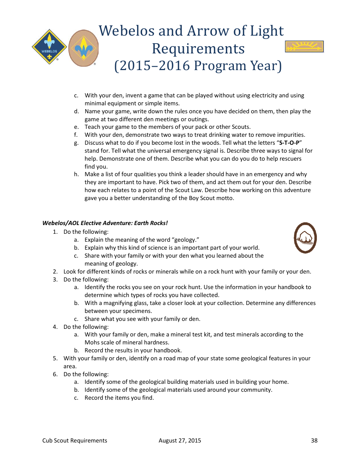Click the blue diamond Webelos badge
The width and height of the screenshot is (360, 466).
tap(49, 47)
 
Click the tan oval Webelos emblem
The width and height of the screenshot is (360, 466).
tap(83, 48)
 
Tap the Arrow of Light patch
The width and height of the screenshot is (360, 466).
tap(304, 47)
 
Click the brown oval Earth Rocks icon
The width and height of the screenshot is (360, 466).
tap(305, 238)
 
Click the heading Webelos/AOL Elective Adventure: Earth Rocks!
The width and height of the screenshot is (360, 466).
tap(105, 223)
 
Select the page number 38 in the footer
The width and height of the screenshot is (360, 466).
tap(314, 440)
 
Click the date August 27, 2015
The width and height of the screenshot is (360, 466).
tap(180, 440)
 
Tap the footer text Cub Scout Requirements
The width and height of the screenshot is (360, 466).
tap(75, 440)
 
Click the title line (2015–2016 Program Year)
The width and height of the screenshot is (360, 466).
tap(198, 66)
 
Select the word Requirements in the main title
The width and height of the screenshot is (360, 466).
tap(198, 48)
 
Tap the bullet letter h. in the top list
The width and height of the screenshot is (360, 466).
tap(77, 174)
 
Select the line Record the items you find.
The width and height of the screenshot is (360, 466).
tap(119, 398)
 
